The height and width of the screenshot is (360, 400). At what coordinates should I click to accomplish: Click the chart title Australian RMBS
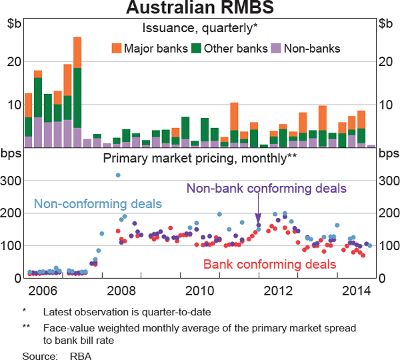pyautogui.click(x=200, y=9)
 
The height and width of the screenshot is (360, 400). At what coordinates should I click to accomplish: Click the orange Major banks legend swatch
pyautogui.click(x=117, y=48)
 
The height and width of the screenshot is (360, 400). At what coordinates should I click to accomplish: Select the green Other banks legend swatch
pyautogui.click(x=196, y=48)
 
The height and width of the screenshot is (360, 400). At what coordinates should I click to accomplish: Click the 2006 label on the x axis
pyautogui.click(x=43, y=291)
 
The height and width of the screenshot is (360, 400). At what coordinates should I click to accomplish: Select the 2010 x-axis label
pyautogui.click(x=200, y=291)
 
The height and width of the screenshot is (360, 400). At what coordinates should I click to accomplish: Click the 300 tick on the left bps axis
pyautogui.click(x=15, y=181)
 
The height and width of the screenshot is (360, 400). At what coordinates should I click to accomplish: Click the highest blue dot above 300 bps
pyautogui.click(x=118, y=175)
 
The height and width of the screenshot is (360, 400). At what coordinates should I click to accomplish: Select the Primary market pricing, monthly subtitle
pyautogui.click(x=199, y=158)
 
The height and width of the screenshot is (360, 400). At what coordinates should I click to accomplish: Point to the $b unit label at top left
pyautogui.click(x=15, y=24)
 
